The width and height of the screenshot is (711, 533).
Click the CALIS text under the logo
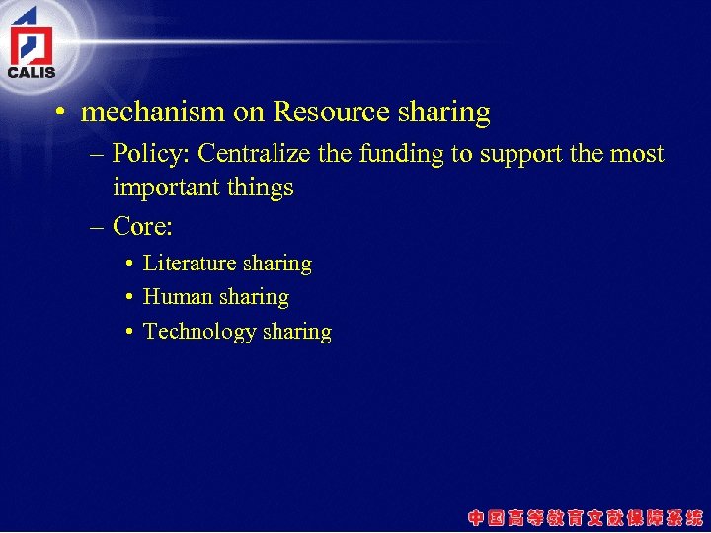click(x=32, y=72)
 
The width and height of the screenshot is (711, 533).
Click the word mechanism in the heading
click(x=153, y=113)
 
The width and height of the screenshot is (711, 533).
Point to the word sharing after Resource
click(x=444, y=114)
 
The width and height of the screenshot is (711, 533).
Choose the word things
click(x=262, y=189)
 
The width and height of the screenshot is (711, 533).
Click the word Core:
click(x=143, y=227)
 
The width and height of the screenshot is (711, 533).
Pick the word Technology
click(x=199, y=332)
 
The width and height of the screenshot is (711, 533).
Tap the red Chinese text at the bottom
click(x=586, y=516)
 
